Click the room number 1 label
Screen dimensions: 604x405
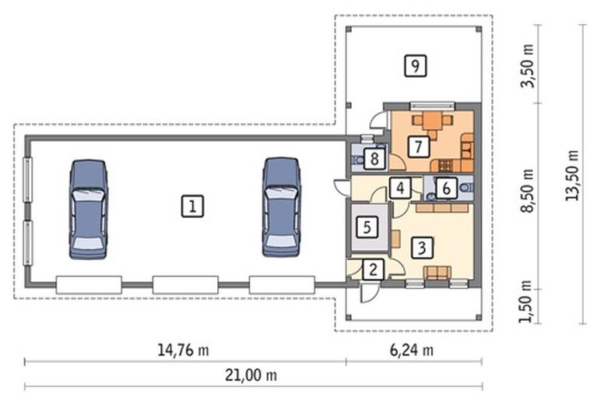tap(192, 206)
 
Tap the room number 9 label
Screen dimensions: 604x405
tap(416, 65)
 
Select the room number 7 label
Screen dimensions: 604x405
tap(418, 146)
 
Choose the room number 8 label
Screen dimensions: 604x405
tap(374, 158)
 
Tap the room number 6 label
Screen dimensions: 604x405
tap(446, 188)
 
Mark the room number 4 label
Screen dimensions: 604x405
tap(400, 188)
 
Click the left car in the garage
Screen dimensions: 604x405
tap(89, 209)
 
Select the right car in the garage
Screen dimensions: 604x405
tap(282, 207)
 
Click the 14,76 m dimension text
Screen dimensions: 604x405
tap(184, 350)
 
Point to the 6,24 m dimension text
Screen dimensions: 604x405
tap(412, 350)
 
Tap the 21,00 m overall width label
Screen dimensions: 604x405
tap(251, 375)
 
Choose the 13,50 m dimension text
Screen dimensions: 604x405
tap(572, 175)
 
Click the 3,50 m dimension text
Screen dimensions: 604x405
tap(528, 66)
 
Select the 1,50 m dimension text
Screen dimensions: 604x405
tap(525, 301)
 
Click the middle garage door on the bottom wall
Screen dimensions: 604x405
tap(185, 285)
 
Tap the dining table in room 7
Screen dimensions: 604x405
tap(432, 121)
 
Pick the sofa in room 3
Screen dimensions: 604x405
tap(437, 272)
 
